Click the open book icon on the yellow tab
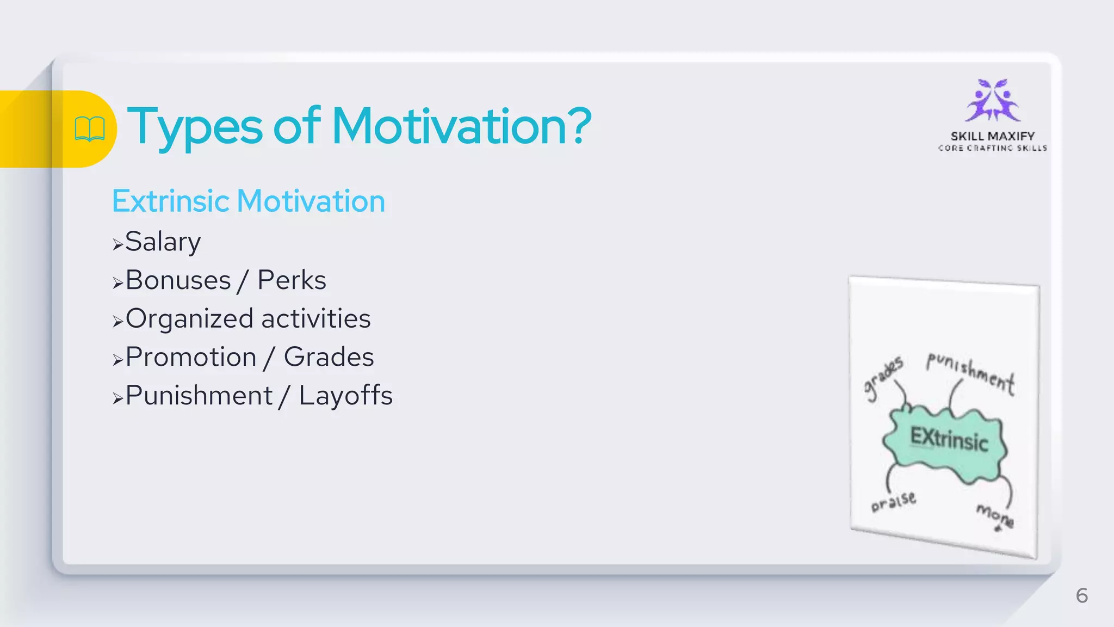tap(90, 129)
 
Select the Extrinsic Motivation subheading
tap(249, 201)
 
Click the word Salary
tap(163, 242)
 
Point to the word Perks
tap(292, 280)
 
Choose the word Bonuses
tap(178, 280)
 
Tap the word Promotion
tap(191, 357)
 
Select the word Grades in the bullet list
tap(329, 357)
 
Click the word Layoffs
tap(345, 396)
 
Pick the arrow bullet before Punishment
tap(117, 398)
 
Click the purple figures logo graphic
tap(993, 101)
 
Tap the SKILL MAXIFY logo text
tap(993, 136)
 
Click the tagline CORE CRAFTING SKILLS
tap(993, 148)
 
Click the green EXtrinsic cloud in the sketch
tap(946, 441)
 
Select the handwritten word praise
tap(893, 501)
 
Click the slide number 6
tap(1082, 595)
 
